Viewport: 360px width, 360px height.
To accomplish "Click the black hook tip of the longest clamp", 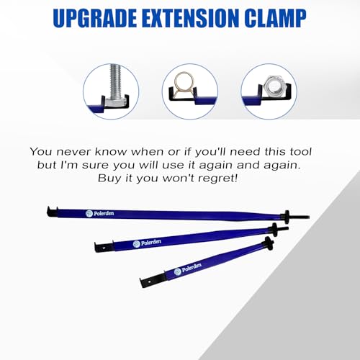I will click(x=53, y=212).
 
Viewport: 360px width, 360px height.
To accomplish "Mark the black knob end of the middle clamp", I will click(x=274, y=228).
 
